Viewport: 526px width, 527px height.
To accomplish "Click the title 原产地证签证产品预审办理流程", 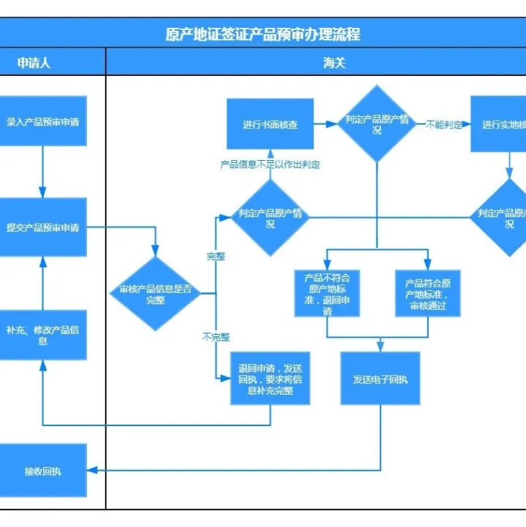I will click(263, 34).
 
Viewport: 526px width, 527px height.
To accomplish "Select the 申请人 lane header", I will click(34, 63).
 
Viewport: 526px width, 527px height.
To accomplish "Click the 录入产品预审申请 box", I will click(43, 121).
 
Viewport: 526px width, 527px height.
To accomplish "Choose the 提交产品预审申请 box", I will click(43, 227).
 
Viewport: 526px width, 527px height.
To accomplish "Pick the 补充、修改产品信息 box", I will click(43, 335).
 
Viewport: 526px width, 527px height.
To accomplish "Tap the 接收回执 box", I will click(43, 471).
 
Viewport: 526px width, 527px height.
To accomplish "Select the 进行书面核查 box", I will click(270, 124).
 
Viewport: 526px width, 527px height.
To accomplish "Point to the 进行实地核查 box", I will click(503, 124).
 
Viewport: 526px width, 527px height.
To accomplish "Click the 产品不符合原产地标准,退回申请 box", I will click(327, 293).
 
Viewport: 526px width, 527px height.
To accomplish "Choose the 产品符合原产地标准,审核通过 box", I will click(428, 293).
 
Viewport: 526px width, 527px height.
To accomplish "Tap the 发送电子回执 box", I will click(380, 379).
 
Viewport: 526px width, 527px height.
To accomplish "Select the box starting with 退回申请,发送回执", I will click(270, 379).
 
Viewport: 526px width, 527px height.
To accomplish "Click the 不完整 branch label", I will click(216, 337).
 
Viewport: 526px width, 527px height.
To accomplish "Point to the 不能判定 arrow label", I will click(444, 124).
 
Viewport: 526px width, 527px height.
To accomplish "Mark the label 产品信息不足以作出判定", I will click(270, 164).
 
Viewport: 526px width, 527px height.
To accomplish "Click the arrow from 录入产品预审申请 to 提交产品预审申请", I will click(43, 172).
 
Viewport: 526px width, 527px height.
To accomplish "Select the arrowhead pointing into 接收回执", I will click(92, 470).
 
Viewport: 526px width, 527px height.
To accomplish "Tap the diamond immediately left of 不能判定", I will click(377, 124).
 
